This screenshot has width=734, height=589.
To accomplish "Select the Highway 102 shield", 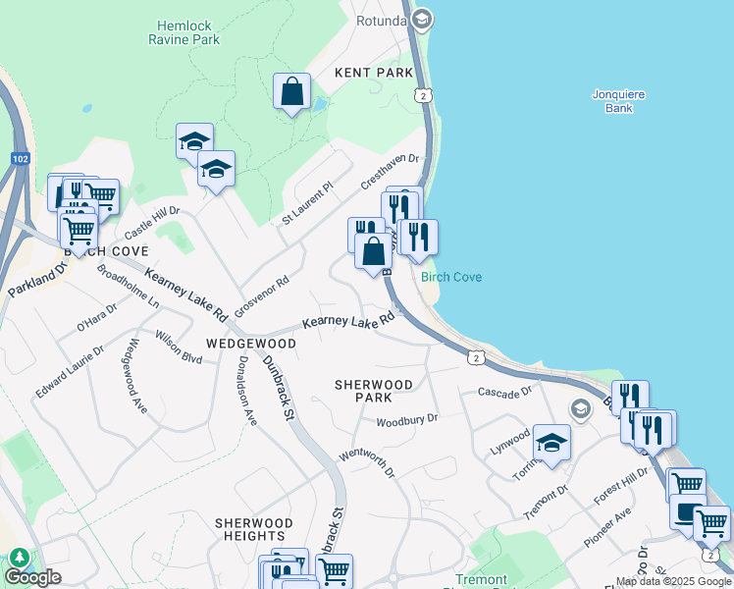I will click(x=22, y=158).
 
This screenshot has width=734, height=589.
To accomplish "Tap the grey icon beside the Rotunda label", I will click(x=422, y=20).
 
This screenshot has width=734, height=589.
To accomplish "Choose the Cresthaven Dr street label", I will click(x=391, y=171).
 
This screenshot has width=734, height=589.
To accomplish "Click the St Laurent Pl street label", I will click(x=308, y=202).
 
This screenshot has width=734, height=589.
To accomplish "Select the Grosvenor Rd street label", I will click(x=268, y=293).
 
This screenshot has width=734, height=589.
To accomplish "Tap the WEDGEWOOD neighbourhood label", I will click(x=251, y=344).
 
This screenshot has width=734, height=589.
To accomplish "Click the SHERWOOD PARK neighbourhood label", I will click(x=373, y=391).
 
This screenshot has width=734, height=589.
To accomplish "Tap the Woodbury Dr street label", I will click(x=406, y=420).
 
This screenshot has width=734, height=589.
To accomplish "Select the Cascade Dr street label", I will click(x=504, y=392).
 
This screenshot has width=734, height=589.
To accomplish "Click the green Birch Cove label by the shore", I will click(x=451, y=277).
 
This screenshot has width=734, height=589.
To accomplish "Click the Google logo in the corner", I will click(x=32, y=577).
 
